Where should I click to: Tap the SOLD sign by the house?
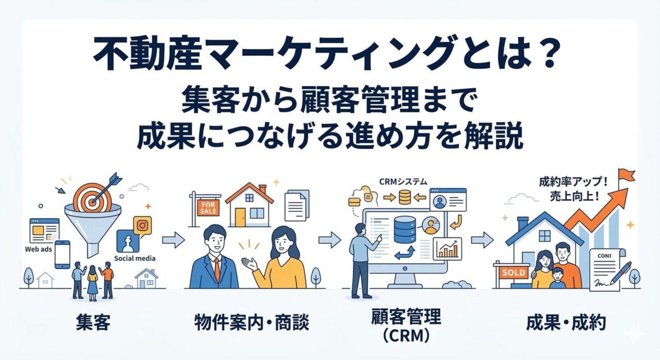513,272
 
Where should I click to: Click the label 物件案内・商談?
252,323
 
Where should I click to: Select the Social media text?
135,258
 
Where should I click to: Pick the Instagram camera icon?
142,226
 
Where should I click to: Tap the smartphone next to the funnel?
62,254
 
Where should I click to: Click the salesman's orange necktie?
217,268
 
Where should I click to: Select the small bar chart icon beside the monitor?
447,249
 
